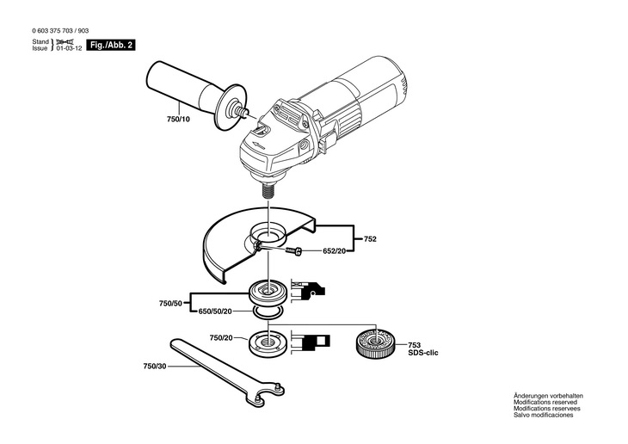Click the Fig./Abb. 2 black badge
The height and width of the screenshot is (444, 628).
pos(111,43)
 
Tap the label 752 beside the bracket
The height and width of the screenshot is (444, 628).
pos(371,237)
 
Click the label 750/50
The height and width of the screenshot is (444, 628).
pos(171,303)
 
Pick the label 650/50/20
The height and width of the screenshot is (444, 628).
pos(216,311)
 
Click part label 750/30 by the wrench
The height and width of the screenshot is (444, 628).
pos(155,367)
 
